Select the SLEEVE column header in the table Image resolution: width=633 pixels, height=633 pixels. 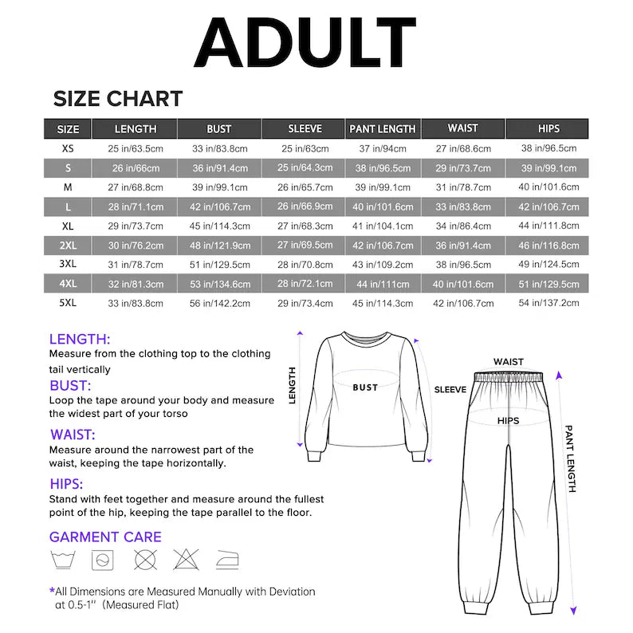coord(305,128)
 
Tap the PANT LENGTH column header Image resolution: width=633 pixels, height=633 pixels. coord(383,128)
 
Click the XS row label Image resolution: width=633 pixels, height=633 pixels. coord(68,148)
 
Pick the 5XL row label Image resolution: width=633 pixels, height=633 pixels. coord(68,303)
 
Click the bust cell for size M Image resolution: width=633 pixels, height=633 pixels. coord(218,187)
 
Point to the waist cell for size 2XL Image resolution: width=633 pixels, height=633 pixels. coord(463,246)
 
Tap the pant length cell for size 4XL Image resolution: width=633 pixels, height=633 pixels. coord(383,284)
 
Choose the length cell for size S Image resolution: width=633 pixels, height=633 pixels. coord(136,168)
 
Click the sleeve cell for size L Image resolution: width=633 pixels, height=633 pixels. coord(305,206)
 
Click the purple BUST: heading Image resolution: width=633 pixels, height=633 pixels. coord(70,386)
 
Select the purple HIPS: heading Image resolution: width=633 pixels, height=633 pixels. coord(66,484)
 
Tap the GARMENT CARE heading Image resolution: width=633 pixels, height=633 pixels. coord(105,537)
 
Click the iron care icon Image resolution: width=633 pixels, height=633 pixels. coord(227,560)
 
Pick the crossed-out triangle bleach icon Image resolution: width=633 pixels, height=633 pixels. coord(186,560)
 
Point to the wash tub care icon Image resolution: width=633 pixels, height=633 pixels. coord(62,560)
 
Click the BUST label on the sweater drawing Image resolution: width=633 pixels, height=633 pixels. coord(365,387)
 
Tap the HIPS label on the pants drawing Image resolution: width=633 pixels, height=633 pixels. coord(508,420)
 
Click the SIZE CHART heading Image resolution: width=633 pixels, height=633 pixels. coord(118,99)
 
